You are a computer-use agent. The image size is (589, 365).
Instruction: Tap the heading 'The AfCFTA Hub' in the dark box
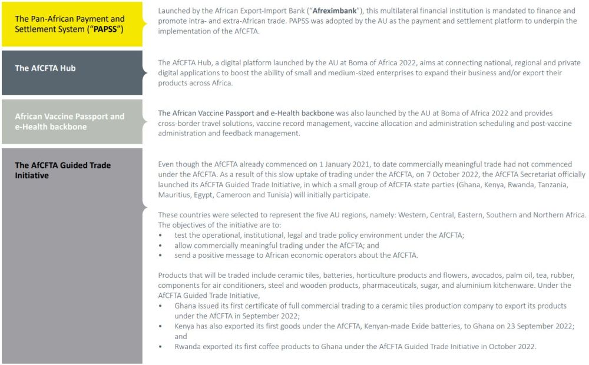pos(45,68)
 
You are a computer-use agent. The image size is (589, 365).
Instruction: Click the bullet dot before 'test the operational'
pos(161,235)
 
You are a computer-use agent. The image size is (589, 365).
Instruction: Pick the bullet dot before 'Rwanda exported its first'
pos(161,346)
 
